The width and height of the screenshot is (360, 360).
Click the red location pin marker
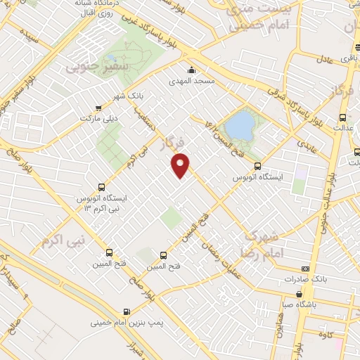181,165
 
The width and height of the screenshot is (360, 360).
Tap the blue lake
241,125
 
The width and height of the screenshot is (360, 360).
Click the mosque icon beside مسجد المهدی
191,69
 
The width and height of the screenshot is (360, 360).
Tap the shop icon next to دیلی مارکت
97,108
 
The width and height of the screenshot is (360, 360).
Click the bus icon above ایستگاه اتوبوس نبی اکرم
102,188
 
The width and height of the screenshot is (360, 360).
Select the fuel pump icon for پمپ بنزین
126,311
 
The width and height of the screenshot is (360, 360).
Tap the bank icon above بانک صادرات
304,269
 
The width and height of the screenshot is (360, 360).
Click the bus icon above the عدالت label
342,117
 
